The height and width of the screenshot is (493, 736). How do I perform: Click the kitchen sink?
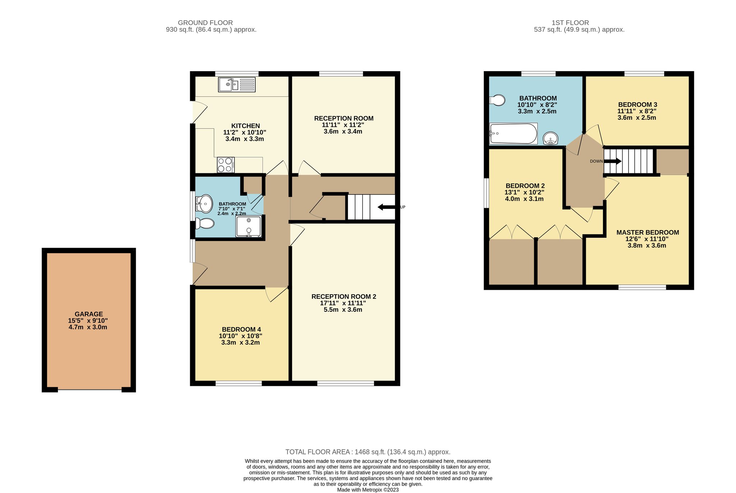point(237,85)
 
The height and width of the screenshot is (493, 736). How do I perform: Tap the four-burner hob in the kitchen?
point(226,165)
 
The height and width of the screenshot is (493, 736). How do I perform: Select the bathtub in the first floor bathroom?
point(514,134)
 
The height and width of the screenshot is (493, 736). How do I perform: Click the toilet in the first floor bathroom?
point(497,100)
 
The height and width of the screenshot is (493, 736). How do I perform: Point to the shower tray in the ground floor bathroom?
point(248,227)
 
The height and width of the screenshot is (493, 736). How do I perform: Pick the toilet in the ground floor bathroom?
point(204,224)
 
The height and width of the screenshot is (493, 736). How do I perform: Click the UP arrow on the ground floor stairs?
point(386,207)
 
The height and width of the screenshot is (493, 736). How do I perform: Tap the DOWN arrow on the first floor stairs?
point(612,161)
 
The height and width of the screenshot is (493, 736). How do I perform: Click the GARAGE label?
point(89,314)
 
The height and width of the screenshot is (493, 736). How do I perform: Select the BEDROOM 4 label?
point(241,329)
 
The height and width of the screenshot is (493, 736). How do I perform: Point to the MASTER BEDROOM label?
point(648,232)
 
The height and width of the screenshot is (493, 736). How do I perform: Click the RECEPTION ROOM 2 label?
point(344,297)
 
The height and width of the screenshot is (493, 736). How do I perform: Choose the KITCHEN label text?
point(245,126)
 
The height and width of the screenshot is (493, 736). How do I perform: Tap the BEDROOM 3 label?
point(638,105)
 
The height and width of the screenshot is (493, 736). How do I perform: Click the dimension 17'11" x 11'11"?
point(343,303)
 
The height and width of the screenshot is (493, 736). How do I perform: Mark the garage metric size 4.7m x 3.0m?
point(88,327)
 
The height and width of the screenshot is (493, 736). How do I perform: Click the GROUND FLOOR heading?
point(205,23)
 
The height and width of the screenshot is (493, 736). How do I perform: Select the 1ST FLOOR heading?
point(570,23)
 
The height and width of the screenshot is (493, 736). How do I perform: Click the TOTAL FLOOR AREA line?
point(368,452)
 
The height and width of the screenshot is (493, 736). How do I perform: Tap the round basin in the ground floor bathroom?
point(204,204)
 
